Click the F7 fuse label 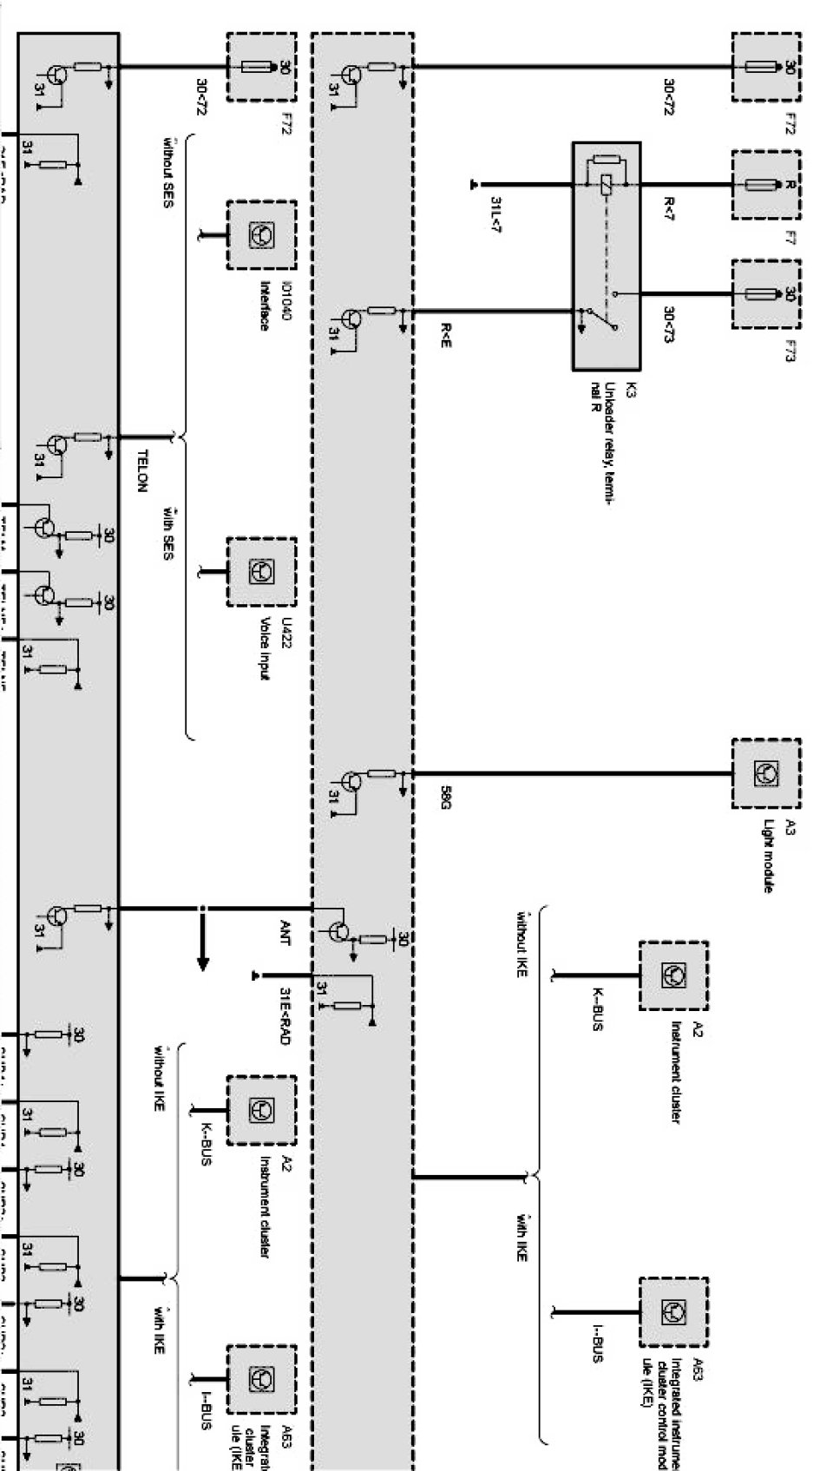point(789,237)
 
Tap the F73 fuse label point(789,351)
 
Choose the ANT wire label point(285,935)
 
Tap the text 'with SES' point(167,534)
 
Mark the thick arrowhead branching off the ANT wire point(202,963)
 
